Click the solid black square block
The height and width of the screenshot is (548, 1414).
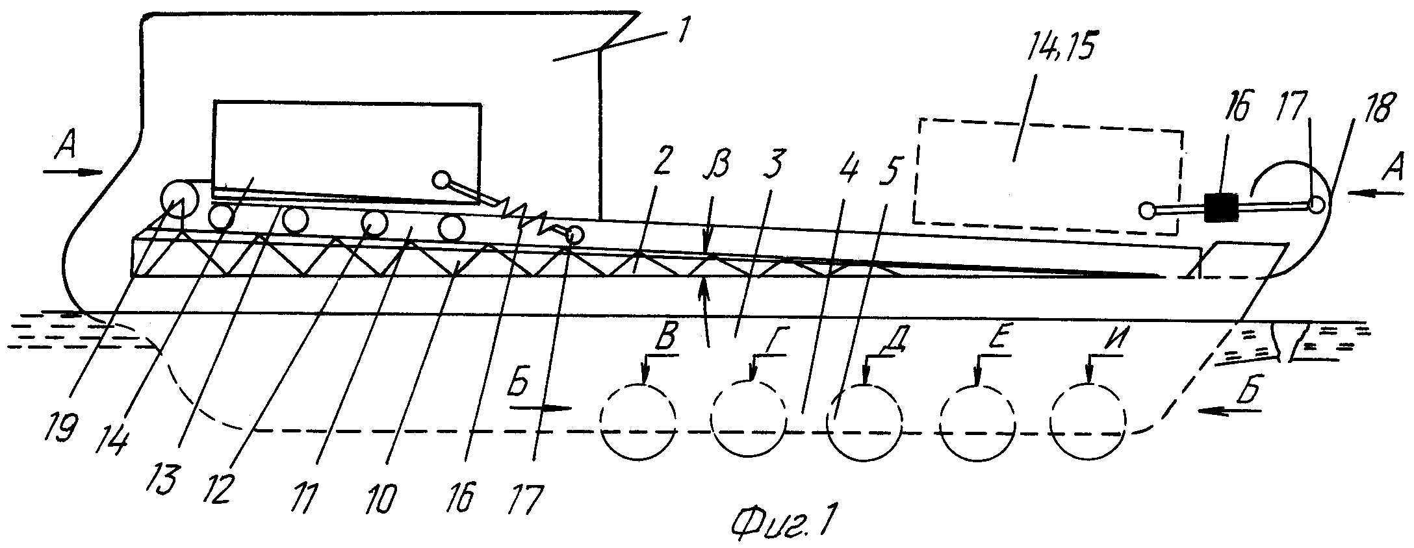coord(1218,207)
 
